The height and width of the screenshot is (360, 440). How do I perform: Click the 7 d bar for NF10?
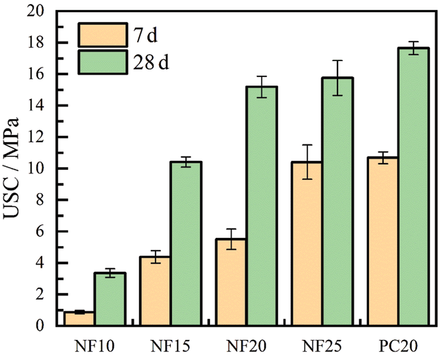(x=79, y=319)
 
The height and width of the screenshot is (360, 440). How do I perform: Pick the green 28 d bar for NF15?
(x=186, y=243)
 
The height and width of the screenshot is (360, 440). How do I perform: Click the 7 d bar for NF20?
(x=231, y=282)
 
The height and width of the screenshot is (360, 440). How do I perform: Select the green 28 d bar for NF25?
(x=338, y=201)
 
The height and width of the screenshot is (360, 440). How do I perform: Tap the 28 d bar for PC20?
(x=413, y=186)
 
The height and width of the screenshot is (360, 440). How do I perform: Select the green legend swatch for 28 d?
(x=102, y=62)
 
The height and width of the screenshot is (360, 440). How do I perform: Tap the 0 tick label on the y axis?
(x=43, y=326)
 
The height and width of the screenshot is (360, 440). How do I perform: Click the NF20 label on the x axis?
(x=246, y=345)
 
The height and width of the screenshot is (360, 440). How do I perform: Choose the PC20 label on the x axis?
(x=398, y=345)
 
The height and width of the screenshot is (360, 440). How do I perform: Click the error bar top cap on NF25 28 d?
(x=338, y=61)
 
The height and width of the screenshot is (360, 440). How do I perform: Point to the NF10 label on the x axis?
(x=95, y=345)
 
